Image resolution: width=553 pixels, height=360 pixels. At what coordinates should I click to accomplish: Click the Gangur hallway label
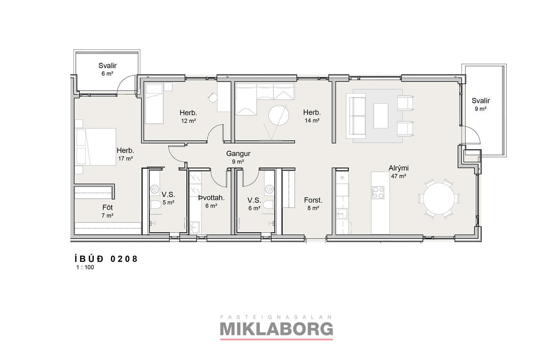click(x=238, y=153)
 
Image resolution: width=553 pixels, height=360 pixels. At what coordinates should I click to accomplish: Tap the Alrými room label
click(x=399, y=168)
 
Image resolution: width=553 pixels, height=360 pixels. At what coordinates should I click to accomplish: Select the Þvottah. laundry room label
click(x=211, y=198)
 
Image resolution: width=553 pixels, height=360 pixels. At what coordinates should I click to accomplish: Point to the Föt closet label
click(x=107, y=207)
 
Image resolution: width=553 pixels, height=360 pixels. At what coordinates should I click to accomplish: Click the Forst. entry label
click(x=313, y=200)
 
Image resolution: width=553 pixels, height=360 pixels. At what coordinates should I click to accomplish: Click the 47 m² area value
click(x=399, y=176)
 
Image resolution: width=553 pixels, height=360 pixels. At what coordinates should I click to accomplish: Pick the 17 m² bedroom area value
click(x=125, y=158)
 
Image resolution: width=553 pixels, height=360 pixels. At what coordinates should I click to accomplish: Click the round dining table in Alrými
click(x=439, y=199)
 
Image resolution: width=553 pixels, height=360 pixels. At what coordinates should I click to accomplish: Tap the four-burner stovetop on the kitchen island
click(x=378, y=193)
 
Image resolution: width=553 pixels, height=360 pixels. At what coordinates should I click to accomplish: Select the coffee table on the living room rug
click(x=381, y=116)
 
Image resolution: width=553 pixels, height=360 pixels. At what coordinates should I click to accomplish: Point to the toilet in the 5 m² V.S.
click(x=155, y=205)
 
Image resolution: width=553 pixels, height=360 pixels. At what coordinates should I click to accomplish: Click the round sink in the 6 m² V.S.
click(x=269, y=189)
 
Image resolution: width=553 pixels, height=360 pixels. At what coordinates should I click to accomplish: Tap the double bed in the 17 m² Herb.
click(x=95, y=147)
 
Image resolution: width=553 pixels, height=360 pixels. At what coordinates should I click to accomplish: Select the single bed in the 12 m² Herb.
click(x=154, y=103)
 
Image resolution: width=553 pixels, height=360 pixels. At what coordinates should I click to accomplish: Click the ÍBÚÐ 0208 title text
click(x=106, y=259)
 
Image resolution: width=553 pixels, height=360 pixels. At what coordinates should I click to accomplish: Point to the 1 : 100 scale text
click(x=85, y=267)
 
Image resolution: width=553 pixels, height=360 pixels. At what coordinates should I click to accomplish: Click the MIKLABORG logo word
click(x=276, y=329)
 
